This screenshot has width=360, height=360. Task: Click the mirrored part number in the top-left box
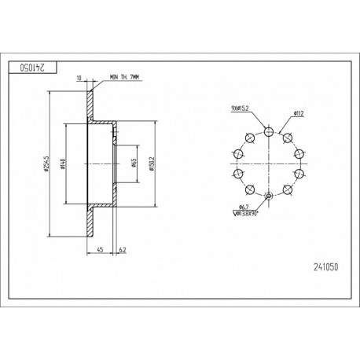pos(33,68)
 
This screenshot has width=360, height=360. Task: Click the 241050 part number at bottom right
pos(326,267)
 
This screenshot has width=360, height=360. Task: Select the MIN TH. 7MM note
pos(124,77)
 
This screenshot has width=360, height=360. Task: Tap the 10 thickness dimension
pos(79,78)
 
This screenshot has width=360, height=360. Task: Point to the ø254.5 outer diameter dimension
pos(47,163)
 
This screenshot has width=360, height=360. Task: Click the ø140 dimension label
pos(62,163)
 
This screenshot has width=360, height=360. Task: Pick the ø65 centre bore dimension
pos(134,163)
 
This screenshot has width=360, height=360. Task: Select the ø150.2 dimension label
pos(152,163)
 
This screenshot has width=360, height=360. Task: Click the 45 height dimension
pos(100,250)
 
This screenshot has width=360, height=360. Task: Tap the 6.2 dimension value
pos(123,250)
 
